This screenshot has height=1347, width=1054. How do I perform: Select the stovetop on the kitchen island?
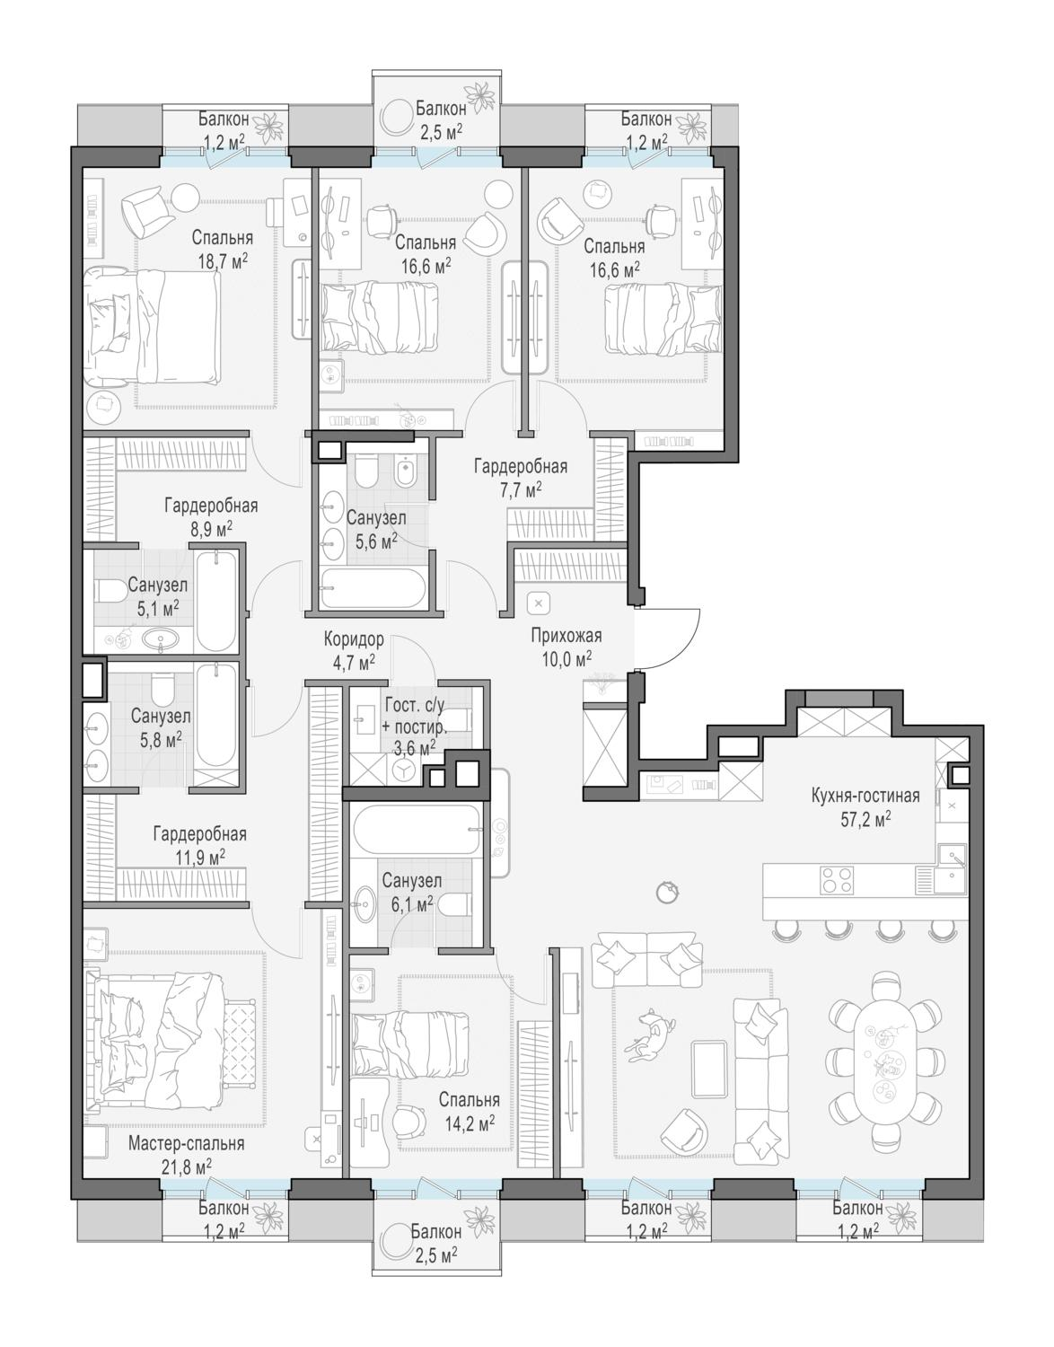tap(837, 881)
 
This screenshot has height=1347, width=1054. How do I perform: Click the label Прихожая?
tap(566, 636)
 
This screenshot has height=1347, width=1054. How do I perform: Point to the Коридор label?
tap(354, 639)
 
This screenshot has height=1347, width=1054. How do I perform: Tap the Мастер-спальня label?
tap(187, 1142)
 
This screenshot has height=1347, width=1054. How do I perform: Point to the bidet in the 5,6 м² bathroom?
tap(407, 474)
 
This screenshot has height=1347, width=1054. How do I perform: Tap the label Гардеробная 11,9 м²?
tap(199, 846)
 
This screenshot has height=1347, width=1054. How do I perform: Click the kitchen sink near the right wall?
tap(951, 858)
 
